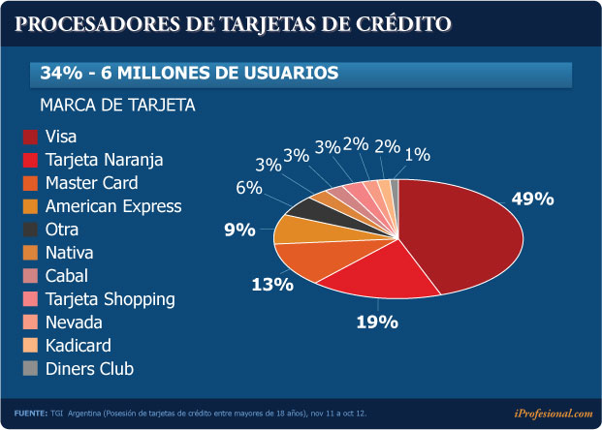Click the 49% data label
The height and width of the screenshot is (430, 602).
[x=532, y=199]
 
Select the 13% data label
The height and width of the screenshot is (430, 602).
[x=271, y=284]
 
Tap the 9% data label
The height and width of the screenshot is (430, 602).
[x=238, y=230]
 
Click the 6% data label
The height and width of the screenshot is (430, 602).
[x=249, y=188]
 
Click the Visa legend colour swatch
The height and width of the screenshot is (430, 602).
[x=30, y=137]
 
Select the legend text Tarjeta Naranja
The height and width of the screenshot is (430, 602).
[x=105, y=160]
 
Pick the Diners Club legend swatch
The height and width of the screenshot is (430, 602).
[x=30, y=369]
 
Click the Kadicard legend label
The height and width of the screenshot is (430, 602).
[x=79, y=346]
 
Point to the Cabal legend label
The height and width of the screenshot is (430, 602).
[x=67, y=276]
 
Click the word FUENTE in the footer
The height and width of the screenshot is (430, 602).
[x=30, y=414]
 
